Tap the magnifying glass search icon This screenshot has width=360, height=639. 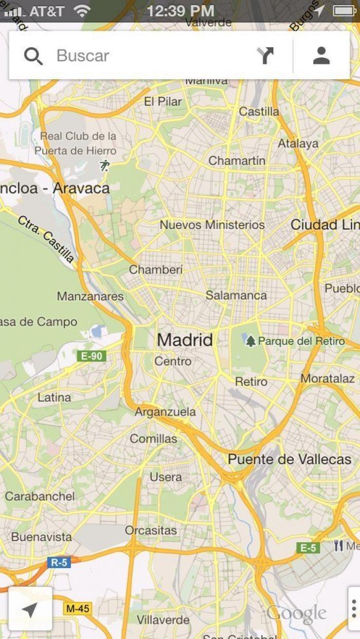pyautogui.click(x=33, y=56)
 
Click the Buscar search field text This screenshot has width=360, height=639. pyautogui.click(x=83, y=56)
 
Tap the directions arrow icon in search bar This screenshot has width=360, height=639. pyautogui.click(x=265, y=56)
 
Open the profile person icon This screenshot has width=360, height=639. pyautogui.click(x=321, y=56)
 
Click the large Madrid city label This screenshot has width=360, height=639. pyautogui.click(x=185, y=340)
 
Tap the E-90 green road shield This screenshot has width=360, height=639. pyautogui.click(x=92, y=356)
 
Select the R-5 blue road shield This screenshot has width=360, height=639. pyautogui.click(x=59, y=562)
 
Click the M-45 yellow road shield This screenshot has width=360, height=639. pyautogui.click(x=78, y=609)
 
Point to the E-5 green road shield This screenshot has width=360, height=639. pyautogui.click(x=308, y=548)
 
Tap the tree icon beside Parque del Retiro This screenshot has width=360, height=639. pyautogui.click(x=250, y=341)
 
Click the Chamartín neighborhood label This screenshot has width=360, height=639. pyautogui.click(x=237, y=160)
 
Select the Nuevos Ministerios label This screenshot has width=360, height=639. pyautogui.click(x=212, y=225)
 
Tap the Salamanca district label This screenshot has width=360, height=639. pyautogui.click(x=236, y=295)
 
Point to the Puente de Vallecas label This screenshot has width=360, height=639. pyautogui.click(x=290, y=459)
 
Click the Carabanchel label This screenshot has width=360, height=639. pyautogui.click(x=40, y=496)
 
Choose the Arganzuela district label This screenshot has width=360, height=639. pyautogui.click(x=165, y=412)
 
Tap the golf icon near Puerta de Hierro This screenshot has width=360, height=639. pyautogui.click(x=105, y=166)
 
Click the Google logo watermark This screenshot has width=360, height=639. pyautogui.click(x=296, y=613)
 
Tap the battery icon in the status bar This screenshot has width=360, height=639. pyautogui.click(x=344, y=11)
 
